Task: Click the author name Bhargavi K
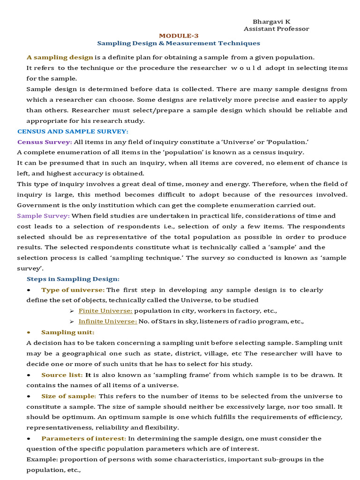(271, 22)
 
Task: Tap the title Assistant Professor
(276, 29)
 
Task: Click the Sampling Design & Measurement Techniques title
(178, 43)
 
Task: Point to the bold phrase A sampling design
(60, 57)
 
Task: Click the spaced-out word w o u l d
(248, 68)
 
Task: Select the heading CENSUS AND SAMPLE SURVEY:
(73, 131)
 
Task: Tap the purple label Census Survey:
(45, 142)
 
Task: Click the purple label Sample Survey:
(43, 216)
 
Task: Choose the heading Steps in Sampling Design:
(73, 279)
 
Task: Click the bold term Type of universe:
(73, 290)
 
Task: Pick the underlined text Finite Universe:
(105, 311)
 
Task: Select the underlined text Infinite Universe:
(108, 321)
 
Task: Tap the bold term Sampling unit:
(67, 332)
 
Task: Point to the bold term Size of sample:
(68, 396)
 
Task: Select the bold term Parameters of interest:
(83, 438)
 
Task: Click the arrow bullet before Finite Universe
(72, 311)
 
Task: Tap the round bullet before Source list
(29, 375)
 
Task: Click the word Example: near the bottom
(40, 459)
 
